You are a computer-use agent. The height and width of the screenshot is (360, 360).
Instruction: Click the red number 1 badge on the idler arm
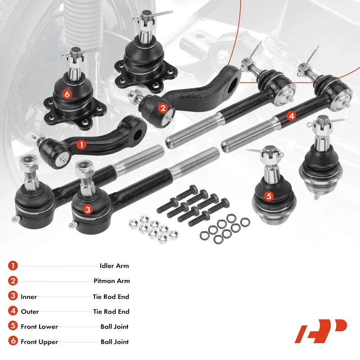[81, 145]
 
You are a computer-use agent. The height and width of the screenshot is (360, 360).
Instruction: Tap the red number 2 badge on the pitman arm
[163, 108]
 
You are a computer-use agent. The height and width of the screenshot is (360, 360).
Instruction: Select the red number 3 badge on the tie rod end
[88, 209]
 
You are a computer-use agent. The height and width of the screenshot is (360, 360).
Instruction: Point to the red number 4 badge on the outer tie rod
[291, 116]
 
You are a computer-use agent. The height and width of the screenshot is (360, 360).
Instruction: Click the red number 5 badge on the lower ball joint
[269, 196]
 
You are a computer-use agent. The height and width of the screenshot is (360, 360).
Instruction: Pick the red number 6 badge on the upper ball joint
[67, 94]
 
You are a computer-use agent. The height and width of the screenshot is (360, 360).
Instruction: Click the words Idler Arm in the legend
[114, 266]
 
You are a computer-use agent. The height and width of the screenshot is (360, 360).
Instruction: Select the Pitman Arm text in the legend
[112, 281]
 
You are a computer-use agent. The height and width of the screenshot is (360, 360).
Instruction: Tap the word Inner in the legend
[29, 297]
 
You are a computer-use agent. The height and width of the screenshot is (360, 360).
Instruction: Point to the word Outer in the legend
[30, 311]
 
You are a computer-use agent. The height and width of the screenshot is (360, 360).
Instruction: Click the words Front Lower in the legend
[39, 327]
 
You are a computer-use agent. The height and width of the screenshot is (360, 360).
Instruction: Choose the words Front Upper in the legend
[40, 342]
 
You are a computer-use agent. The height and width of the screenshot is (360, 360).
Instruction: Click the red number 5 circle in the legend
[13, 326]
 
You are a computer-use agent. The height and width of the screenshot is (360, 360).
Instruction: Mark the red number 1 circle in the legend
[13, 265]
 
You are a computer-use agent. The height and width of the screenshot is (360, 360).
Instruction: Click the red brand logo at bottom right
[321, 331]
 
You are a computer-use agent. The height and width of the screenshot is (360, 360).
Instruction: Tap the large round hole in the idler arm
[137, 135]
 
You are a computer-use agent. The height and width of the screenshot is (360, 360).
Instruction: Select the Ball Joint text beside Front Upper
[115, 342]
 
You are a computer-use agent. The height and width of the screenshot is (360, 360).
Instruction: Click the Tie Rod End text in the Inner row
[111, 297]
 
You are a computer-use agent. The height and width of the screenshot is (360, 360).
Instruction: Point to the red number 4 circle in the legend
[13, 311]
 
